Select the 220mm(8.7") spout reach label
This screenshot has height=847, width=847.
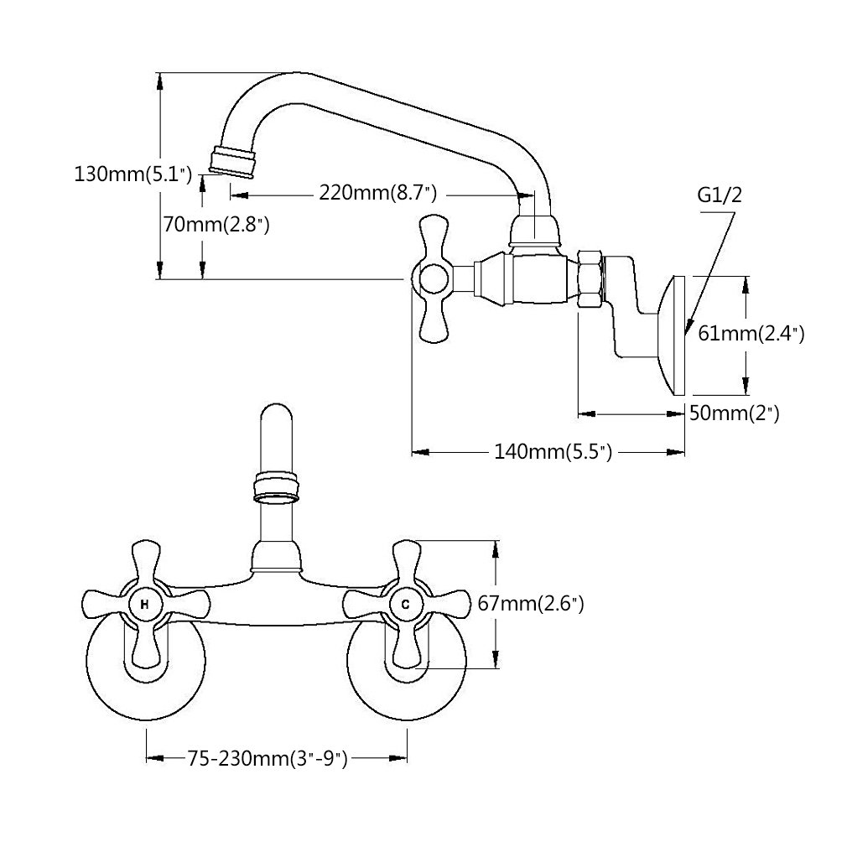377,192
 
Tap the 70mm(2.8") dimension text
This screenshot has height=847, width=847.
216,224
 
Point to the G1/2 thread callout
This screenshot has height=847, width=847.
720,195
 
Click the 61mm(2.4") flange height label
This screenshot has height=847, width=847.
751,333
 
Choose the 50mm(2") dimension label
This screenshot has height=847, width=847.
734,414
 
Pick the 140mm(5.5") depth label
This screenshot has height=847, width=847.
553,451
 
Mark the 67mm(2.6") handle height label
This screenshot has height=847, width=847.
531,603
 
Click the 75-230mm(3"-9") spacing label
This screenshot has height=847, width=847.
268,759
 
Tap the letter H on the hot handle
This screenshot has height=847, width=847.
145,605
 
